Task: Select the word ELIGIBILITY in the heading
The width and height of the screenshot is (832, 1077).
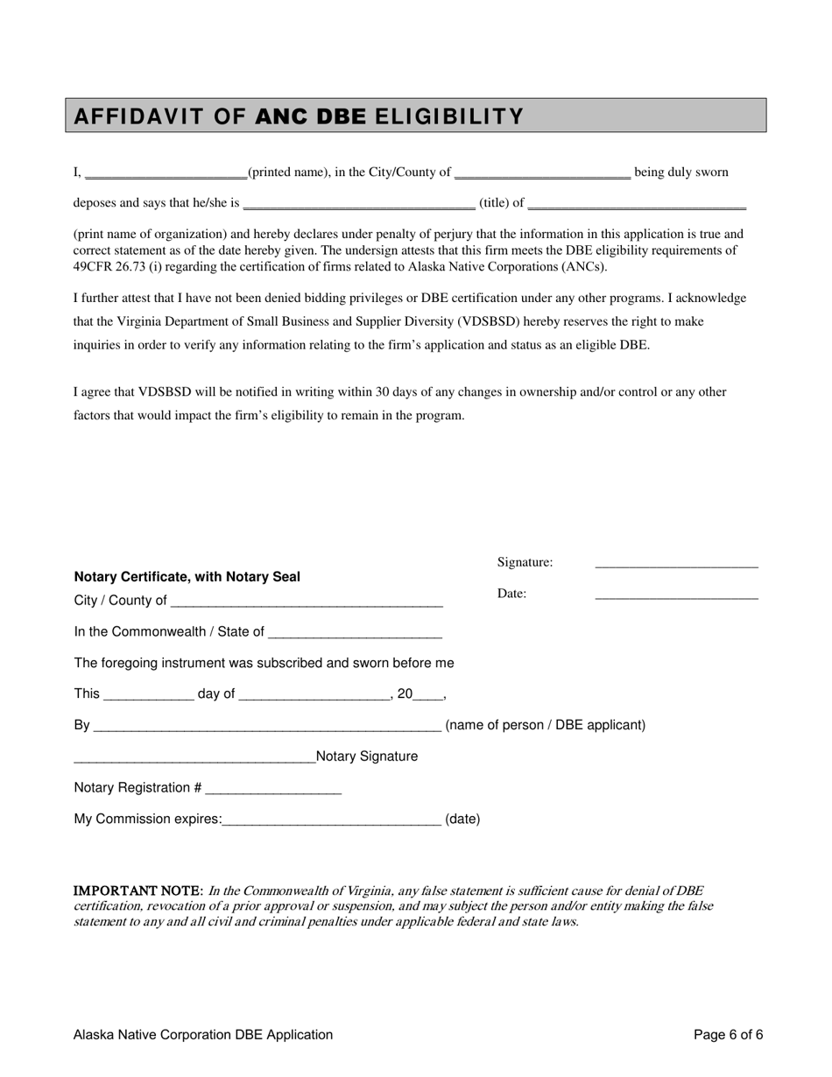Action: point(449,116)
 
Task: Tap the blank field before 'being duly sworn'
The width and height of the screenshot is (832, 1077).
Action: point(542,173)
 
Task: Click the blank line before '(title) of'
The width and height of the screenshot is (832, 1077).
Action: point(358,204)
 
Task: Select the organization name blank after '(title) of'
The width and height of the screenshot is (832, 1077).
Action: point(637,204)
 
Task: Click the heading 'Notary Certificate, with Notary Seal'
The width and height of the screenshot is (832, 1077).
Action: point(187,577)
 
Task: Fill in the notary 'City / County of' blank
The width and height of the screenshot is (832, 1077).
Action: point(307,602)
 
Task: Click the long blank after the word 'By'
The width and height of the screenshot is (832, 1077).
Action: point(266,727)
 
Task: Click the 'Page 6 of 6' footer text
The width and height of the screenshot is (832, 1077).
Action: point(728,1035)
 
